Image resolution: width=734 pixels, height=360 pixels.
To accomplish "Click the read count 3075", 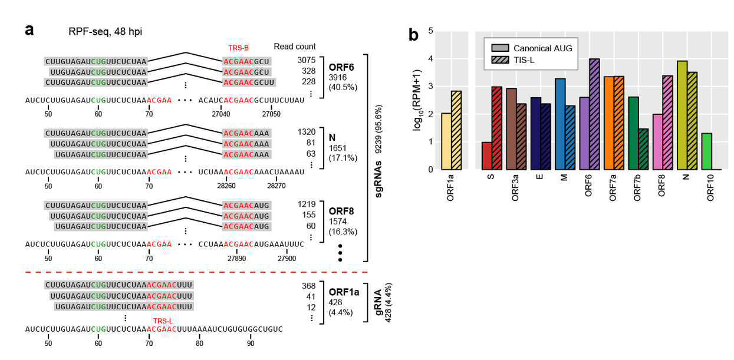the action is [306, 60].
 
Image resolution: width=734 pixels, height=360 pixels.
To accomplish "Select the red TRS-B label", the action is [239, 48].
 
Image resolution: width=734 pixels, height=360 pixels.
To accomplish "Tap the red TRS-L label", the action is [163, 321].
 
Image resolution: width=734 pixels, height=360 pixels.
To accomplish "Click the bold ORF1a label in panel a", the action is [344, 292].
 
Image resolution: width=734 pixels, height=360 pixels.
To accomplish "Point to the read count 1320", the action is [307, 132].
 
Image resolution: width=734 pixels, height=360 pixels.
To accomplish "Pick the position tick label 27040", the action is [221, 114].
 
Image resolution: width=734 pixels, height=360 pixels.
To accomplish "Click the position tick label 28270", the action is [277, 186].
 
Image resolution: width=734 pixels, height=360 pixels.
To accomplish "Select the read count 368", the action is [309, 286].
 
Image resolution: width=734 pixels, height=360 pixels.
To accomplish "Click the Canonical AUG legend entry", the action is [532, 48].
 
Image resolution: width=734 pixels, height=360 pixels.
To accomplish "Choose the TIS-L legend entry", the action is [513, 60].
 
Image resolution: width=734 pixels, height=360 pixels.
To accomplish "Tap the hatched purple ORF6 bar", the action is [594, 114].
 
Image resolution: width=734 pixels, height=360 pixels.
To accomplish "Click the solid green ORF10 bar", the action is [707, 151].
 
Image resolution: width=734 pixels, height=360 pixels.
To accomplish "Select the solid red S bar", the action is [487, 156].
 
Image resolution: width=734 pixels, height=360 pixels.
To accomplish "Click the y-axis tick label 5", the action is [430, 31].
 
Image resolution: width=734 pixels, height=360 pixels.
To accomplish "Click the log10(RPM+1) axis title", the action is [417, 100].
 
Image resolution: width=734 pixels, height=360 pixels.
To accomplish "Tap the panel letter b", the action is [413, 35].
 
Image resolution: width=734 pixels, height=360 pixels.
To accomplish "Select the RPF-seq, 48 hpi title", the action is [105, 32].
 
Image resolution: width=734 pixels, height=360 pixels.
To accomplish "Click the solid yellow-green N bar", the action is [683, 115].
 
